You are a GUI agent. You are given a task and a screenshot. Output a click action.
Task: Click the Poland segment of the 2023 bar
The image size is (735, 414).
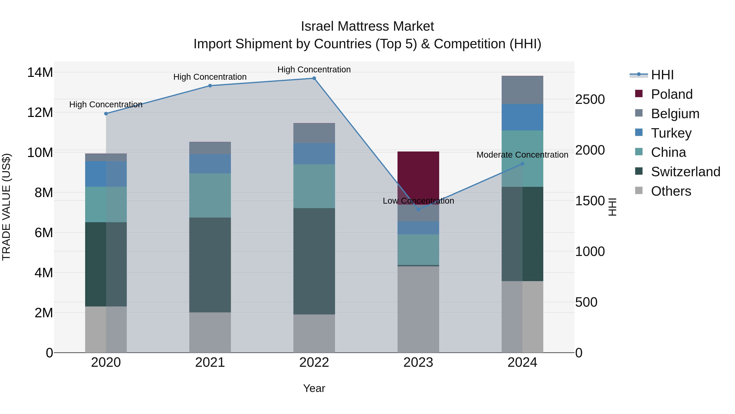(418, 177)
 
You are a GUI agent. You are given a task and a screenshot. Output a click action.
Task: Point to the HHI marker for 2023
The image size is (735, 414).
(418, 209)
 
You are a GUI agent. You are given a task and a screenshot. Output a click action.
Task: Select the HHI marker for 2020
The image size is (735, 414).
(106, 114)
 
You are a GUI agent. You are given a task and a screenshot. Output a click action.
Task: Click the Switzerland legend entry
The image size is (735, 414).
(685, 172)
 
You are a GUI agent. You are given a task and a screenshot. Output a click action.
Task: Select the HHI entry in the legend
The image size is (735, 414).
(662, 75)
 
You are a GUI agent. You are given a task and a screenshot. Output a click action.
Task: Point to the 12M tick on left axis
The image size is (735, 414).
(40, 113)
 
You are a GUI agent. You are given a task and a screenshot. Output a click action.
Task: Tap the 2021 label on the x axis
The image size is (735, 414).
(210, 362)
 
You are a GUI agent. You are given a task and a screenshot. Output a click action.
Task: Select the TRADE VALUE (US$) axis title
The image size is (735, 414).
(6, 207)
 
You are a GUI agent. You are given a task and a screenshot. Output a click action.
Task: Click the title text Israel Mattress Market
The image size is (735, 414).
(367, 26)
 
